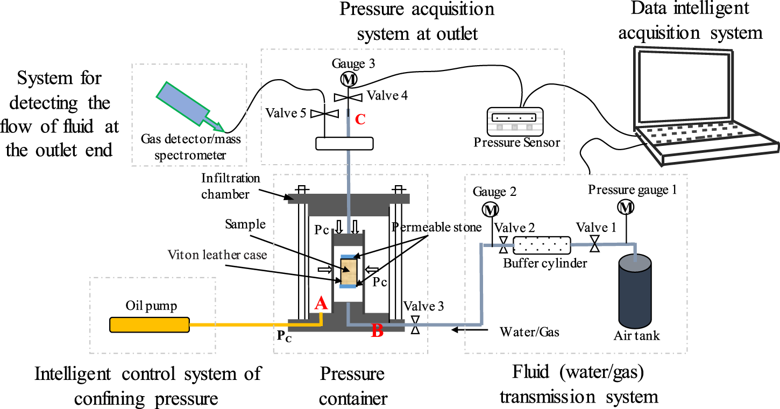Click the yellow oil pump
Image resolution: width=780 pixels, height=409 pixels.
(x=149, y=325)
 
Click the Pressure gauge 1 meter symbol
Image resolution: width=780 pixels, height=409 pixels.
(x=625, y=206)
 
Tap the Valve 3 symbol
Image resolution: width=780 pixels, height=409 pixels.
(x=415, y=325)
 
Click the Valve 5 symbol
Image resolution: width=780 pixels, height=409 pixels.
(x=326, y=114)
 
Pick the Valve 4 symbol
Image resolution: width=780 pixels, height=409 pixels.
(x=349, y=97)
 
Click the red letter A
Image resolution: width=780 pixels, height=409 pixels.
(x=321, y=304)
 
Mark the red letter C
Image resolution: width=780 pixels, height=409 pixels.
(x=360, y=119)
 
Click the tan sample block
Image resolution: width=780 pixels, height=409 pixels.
(x=350, y=272)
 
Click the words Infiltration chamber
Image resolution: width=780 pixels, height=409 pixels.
(x=231, y=186)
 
